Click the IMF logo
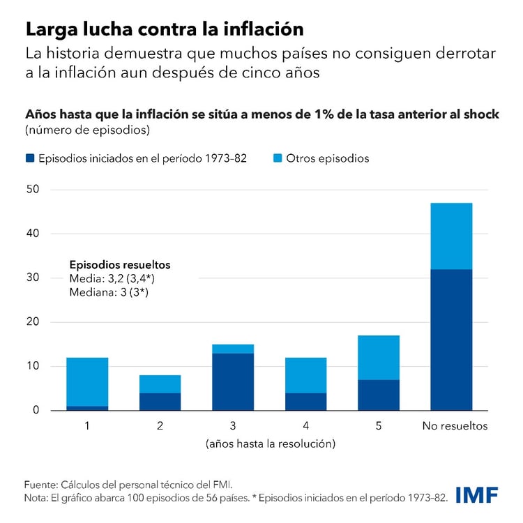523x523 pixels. (x=477, y=495)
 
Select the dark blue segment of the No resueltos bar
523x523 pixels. (x=451, y=340)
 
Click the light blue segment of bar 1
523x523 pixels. (x=87, y=381)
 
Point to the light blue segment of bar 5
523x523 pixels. (x=379, y=358)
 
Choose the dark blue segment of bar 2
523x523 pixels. (x=160, y=401)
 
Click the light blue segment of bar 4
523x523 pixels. (x=305, y=375)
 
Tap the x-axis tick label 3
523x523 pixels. (x=233, y=425)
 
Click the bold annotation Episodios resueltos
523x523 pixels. (x=120, y=265)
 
